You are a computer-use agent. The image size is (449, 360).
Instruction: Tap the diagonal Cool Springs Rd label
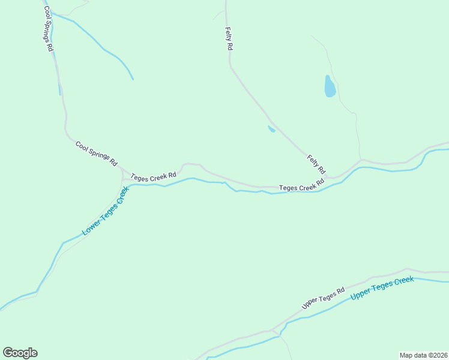(x=96, y=153)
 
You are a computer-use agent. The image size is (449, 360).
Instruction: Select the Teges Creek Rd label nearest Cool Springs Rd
(x=154, y=174)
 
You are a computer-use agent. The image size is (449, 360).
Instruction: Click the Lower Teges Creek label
(x=106, y=211)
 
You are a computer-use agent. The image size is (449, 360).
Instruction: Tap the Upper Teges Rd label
(x=323, y=298)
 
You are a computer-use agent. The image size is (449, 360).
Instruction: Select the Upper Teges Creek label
(x=382, y=288)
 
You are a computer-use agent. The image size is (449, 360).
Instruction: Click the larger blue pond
(x=330, y=86)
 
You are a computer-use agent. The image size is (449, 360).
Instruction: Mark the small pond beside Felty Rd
(x=271, y=128)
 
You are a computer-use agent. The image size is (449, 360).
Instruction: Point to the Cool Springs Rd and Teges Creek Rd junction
(x=122, y=172)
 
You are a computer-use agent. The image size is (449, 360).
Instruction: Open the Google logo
(x=20, y=353)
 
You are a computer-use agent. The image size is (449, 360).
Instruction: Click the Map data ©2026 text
(x=423, y=355)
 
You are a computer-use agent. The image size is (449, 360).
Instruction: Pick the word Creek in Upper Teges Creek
(x=401, y=283)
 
